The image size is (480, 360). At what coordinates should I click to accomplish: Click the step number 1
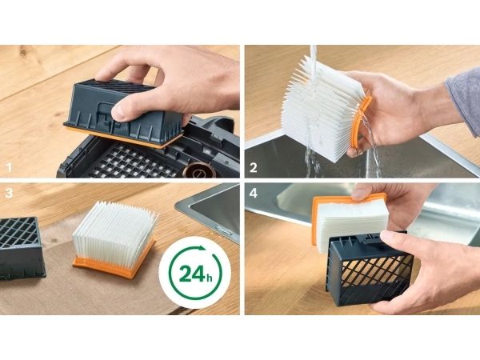point(9,167)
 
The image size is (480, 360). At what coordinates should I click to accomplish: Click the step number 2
point(253,167)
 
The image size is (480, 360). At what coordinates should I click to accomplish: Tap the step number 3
point(9,193)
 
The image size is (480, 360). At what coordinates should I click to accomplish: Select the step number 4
point(254,193)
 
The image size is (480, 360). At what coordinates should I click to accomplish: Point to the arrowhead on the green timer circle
point(201,248)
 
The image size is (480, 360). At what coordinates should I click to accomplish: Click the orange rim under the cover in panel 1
point(122,136)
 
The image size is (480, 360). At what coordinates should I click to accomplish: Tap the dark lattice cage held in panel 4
point(369,269)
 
